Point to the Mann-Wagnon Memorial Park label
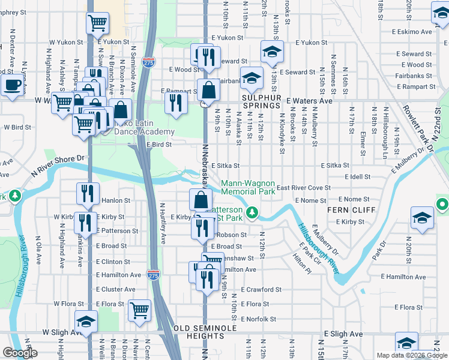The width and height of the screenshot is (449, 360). coord(249,187)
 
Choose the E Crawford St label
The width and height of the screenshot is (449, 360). coord(261,289)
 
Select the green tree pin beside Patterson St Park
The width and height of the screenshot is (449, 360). coord(253,212)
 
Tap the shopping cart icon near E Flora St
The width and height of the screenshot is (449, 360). coord(139,310)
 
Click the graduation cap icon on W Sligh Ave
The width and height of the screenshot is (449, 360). coord(86,322)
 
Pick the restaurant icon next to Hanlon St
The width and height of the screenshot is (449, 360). coord(88,193)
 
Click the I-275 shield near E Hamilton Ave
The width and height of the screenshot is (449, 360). coord(153,275)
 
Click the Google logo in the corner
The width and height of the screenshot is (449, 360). coord(19,353)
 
